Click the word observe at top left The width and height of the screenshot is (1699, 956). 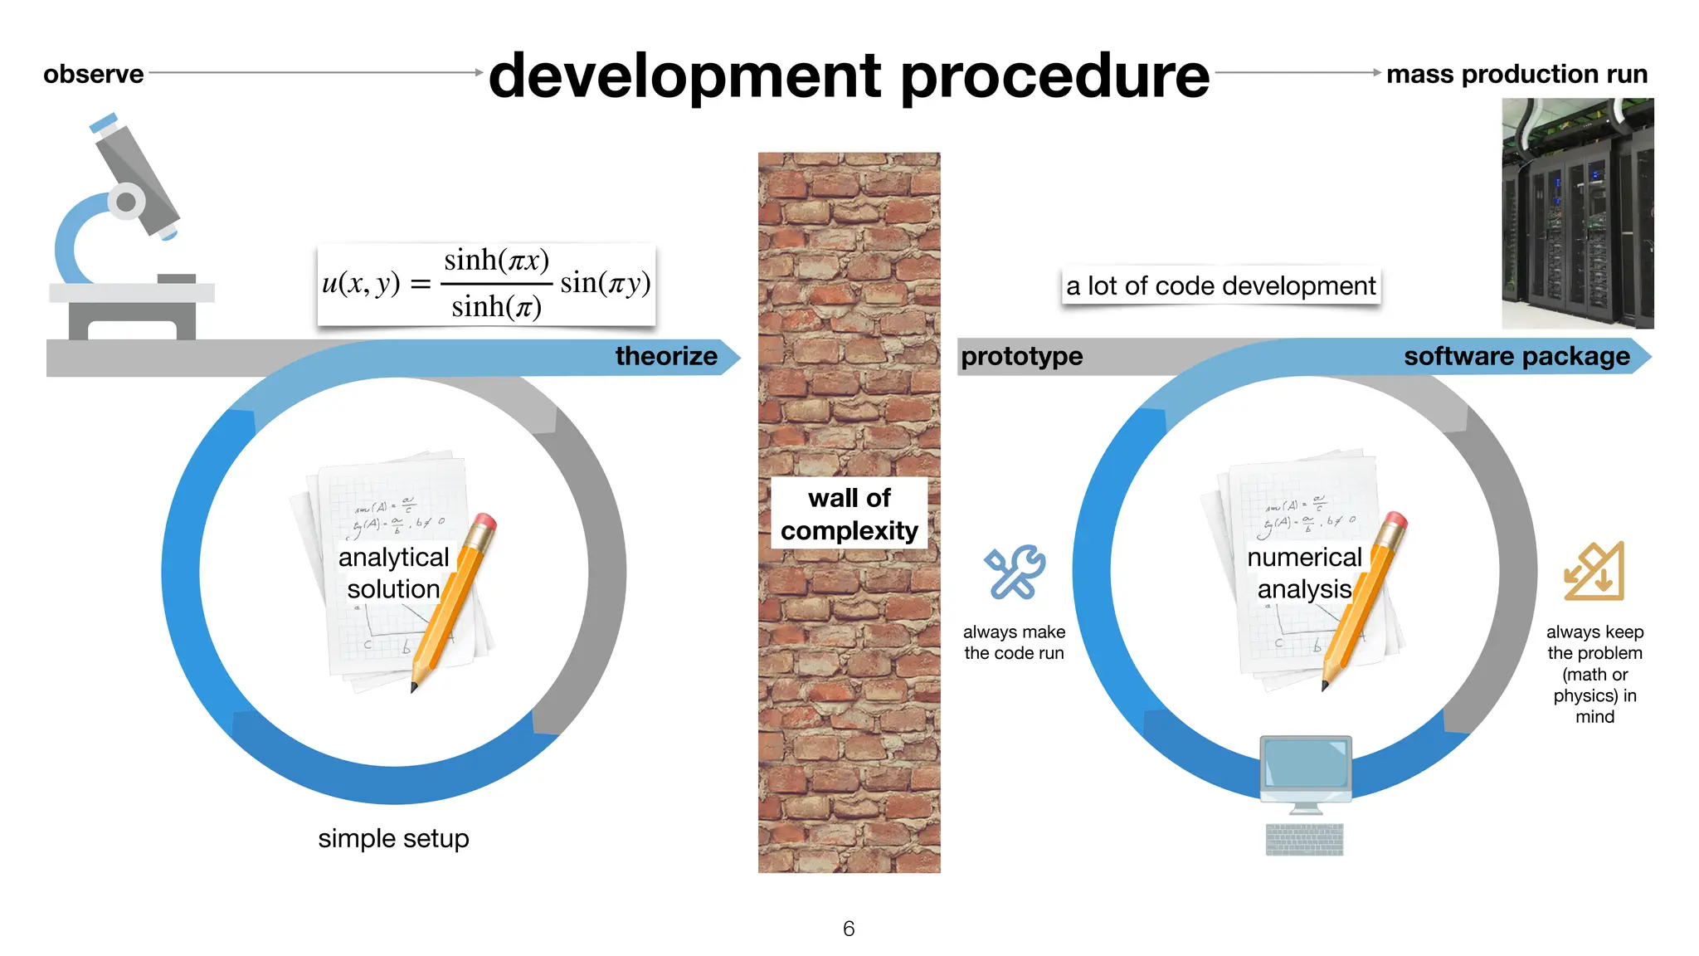93,74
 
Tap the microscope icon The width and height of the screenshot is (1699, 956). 129,228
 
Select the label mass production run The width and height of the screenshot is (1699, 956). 1516,74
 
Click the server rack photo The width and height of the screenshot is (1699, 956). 1577,213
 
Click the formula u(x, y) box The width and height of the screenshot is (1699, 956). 486,284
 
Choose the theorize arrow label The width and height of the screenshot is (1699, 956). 666,356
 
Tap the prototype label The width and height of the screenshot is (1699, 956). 1021,356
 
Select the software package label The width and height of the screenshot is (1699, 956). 1516,356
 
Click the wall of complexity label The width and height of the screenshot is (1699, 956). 849,514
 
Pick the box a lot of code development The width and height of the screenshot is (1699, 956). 1220,286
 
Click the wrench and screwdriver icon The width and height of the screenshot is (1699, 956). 1014,573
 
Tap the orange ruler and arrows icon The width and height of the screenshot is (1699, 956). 1594,572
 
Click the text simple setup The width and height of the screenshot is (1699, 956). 393,838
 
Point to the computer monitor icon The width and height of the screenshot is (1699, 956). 1305,770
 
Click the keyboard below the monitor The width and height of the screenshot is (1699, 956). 1304,839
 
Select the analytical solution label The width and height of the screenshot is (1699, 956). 393,573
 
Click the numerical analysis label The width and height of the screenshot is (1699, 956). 1304,573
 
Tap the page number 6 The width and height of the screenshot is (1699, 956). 848,929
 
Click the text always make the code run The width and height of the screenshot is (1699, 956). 1014,642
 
